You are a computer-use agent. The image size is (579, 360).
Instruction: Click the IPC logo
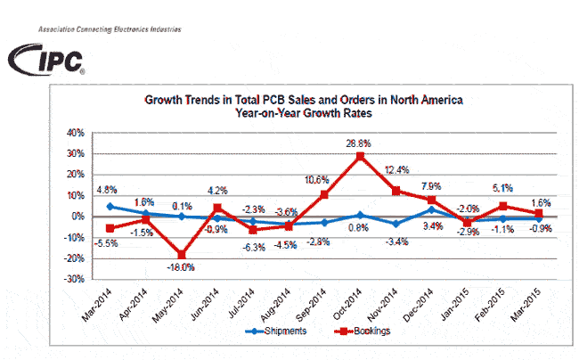click(46, 61)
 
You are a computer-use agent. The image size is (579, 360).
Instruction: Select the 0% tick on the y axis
click(78, 217)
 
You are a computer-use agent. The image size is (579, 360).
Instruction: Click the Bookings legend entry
click(370, 331)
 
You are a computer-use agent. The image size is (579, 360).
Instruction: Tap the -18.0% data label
click(181, 266)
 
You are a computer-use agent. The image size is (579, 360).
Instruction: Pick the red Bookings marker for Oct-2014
click(360, 156)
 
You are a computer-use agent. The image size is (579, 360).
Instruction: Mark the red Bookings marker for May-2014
click(181, 254)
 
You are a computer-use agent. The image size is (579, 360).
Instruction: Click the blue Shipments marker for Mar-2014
click(109, 206)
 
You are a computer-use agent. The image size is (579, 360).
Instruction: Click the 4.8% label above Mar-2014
click(107, 190)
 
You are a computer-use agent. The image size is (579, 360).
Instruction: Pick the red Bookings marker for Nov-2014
click(396, 191)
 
